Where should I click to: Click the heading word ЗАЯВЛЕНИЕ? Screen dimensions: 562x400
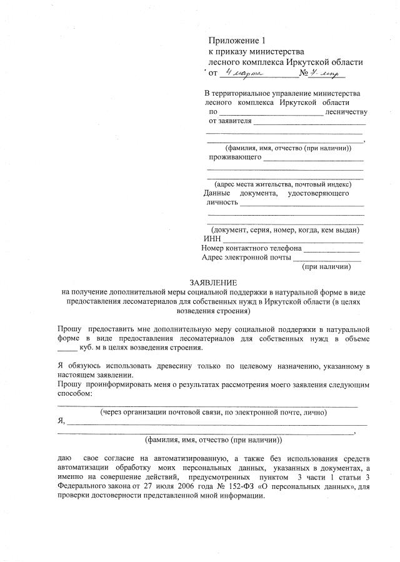(213, 283)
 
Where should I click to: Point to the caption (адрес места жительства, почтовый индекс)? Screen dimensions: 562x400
(282, 184)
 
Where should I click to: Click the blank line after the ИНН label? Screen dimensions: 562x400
(294, 240)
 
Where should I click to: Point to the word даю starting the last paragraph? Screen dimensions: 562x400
(64, 458)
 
